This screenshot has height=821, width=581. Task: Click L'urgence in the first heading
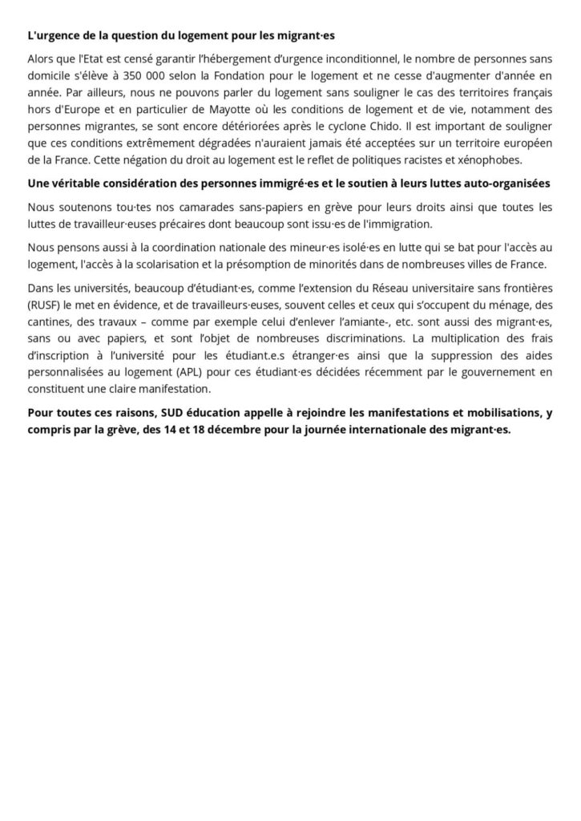(x=52, y=35)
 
